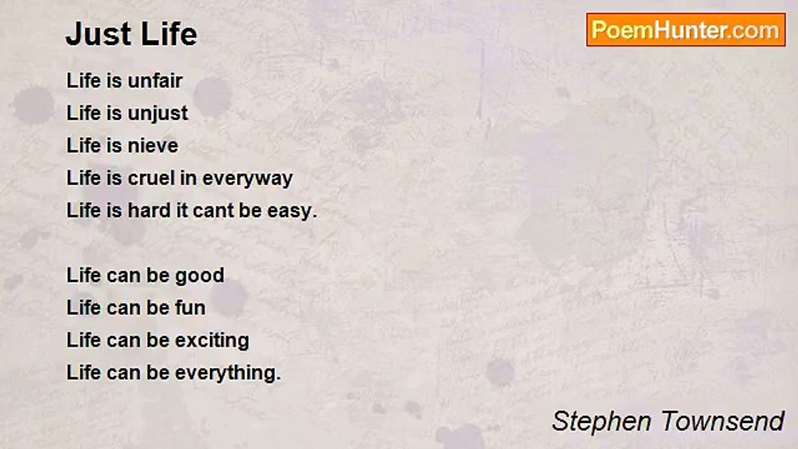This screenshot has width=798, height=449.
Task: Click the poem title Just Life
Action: [x=132, y=34]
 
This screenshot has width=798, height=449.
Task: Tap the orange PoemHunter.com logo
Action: [x=686, y=30]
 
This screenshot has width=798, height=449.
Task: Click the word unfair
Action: [x=155, y=80]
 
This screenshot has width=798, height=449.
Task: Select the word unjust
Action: [x=158, y=114]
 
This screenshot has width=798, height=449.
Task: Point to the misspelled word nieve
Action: [x=153, y=146]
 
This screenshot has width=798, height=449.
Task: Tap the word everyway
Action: [x=248, y=179]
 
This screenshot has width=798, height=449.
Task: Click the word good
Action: [x=200, y=276]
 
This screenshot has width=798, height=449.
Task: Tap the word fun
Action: [x=190, y=307]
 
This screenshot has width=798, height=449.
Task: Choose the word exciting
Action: [x=213, y=341]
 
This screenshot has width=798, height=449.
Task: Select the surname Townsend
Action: [x=723, y=421]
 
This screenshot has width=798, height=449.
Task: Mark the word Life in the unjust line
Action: [x=84, y=113]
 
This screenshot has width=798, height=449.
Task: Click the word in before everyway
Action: [x=189, y=178]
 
